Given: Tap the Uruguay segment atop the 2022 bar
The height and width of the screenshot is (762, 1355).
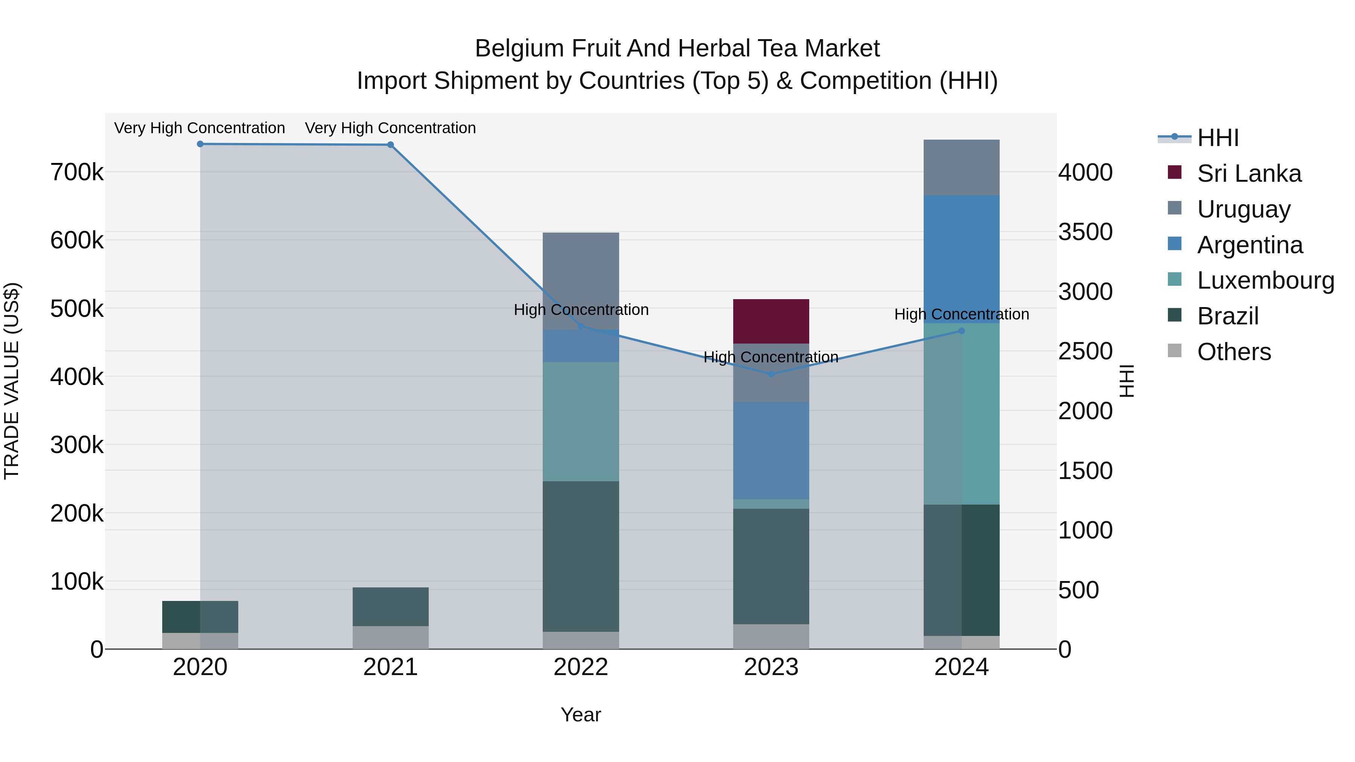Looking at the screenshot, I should [581, 280].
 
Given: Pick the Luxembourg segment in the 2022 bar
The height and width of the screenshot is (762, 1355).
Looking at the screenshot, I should [581, 421].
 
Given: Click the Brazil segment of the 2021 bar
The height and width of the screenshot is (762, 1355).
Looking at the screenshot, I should [390, 606].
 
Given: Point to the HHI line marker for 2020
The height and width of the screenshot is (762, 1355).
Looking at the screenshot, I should [200, 144].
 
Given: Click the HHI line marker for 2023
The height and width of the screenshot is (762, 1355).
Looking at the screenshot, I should [771, 374].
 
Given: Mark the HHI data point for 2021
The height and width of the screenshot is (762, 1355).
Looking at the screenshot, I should [390, 144].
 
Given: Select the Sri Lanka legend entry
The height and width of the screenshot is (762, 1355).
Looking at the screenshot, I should [1249, 173].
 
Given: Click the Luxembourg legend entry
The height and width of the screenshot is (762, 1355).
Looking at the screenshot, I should [1265, 280].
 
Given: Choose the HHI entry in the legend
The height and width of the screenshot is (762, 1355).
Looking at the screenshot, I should [1218, 138].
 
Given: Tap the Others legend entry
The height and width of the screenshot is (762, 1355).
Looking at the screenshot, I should [1233, 352].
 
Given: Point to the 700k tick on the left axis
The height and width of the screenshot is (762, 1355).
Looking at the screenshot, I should [77, 172].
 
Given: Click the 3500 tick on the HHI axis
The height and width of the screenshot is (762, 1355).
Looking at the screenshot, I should [1086, 232].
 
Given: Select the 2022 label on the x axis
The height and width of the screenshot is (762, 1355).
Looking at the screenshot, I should [581, 667].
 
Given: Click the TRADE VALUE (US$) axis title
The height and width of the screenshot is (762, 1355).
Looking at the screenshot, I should [12, 381].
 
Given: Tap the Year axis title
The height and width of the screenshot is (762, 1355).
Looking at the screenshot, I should [581, 715].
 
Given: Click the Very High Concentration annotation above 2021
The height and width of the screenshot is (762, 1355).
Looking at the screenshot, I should [390, 128].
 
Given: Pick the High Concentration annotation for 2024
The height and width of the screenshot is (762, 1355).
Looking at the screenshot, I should [962, 315].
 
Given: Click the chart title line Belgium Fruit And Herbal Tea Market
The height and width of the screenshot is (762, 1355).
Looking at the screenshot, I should [677, 49].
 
